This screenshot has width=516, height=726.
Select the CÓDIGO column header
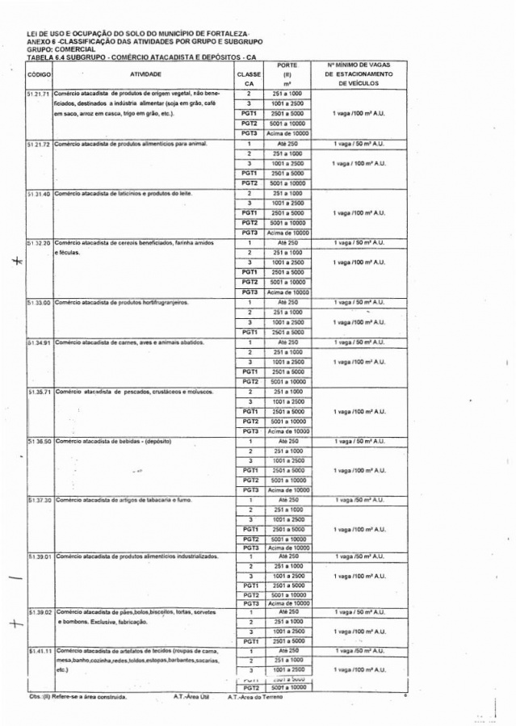point(40,73)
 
